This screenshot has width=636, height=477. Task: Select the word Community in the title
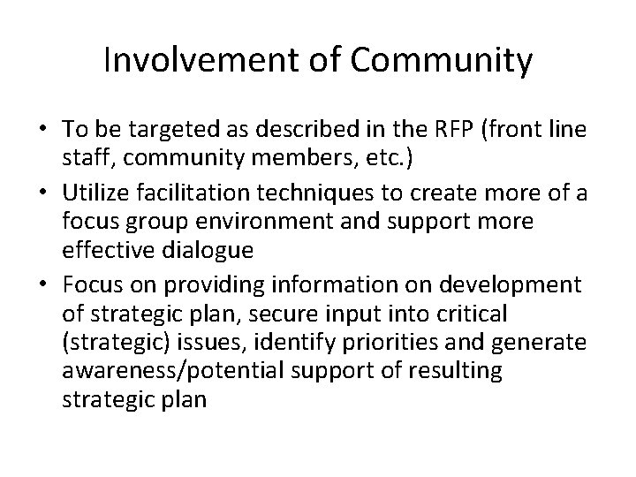click(x=444, y=61)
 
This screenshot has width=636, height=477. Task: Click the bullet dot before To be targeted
click(x=42, y=129)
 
